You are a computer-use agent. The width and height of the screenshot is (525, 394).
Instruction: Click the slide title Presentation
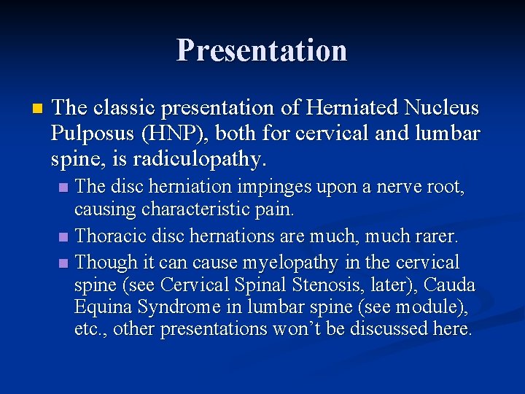pos(262,50)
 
